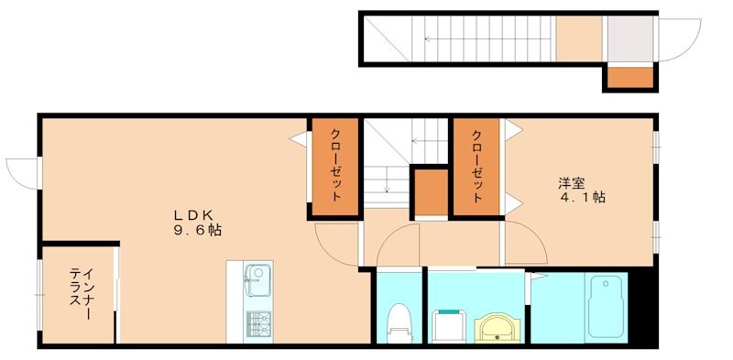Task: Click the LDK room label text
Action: coord(194,214)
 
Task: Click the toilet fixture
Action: coord(399,321)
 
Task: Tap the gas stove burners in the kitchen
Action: coord(257,322)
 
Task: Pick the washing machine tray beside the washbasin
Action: coord(448,323)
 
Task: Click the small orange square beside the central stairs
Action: coord(429,191)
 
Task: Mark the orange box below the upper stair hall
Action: coord(629,79)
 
